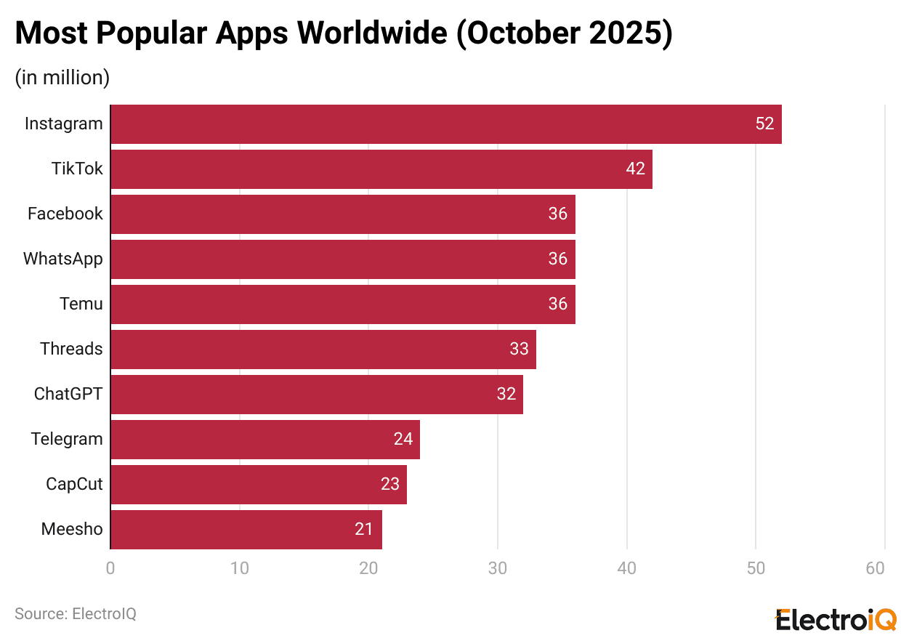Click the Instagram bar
pos(445,124)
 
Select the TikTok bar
pos(381,169)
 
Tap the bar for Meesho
pos(246,530)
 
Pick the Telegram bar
pos(264,440)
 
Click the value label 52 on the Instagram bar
pos(764,124)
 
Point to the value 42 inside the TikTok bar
pos(635,169)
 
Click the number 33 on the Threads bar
pos(519,350)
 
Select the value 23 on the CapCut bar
pos(390,485)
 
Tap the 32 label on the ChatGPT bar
pos(506,395)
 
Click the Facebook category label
pos(65,214)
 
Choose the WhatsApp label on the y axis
pos(63,259)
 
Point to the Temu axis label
pos(81,304)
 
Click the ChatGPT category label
pos(68,395)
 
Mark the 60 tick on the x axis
pos(876,569)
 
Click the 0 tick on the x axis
pos(110,569)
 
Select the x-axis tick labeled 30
pos(498,569)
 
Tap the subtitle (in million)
pos(62,78)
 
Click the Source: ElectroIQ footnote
pos(76,614)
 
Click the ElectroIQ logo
pos(836,620)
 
